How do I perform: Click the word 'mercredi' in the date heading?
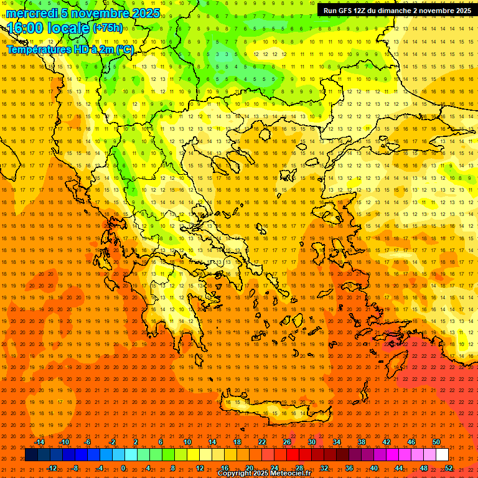[32, 13]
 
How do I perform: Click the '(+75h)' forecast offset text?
[107, 28]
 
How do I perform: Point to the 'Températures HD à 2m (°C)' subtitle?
[70, 49]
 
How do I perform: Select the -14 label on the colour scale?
[39, 442]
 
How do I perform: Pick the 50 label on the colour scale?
[436, 442]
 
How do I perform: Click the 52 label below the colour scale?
[449, 468]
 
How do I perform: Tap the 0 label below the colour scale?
[123, 468]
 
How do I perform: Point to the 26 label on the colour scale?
[287, 442]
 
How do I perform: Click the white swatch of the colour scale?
[442, 455]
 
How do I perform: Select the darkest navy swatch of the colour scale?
[31, 455]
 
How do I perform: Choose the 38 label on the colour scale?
[362, 442]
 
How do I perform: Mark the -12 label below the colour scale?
[52, 468]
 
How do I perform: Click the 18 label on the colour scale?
[237, 442]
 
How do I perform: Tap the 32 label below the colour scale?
[324, 468]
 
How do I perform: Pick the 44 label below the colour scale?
[399, 468]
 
